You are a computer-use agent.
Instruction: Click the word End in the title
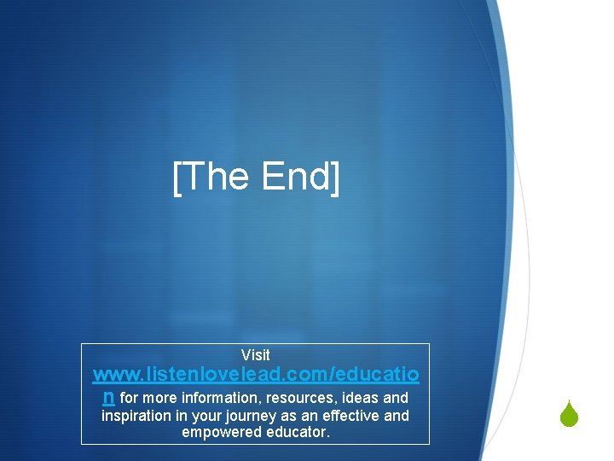coord(296,177)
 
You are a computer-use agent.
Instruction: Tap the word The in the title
coord(213,177)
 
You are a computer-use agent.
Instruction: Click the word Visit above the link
coord(255,355)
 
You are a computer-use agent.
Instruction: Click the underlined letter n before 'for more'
coord(107,396)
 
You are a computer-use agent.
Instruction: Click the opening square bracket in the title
coord(177,178)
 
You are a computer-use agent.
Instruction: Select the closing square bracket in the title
coord(334,178)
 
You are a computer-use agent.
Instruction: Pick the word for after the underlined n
coord(130,398)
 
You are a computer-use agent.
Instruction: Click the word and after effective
coord(396,416)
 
